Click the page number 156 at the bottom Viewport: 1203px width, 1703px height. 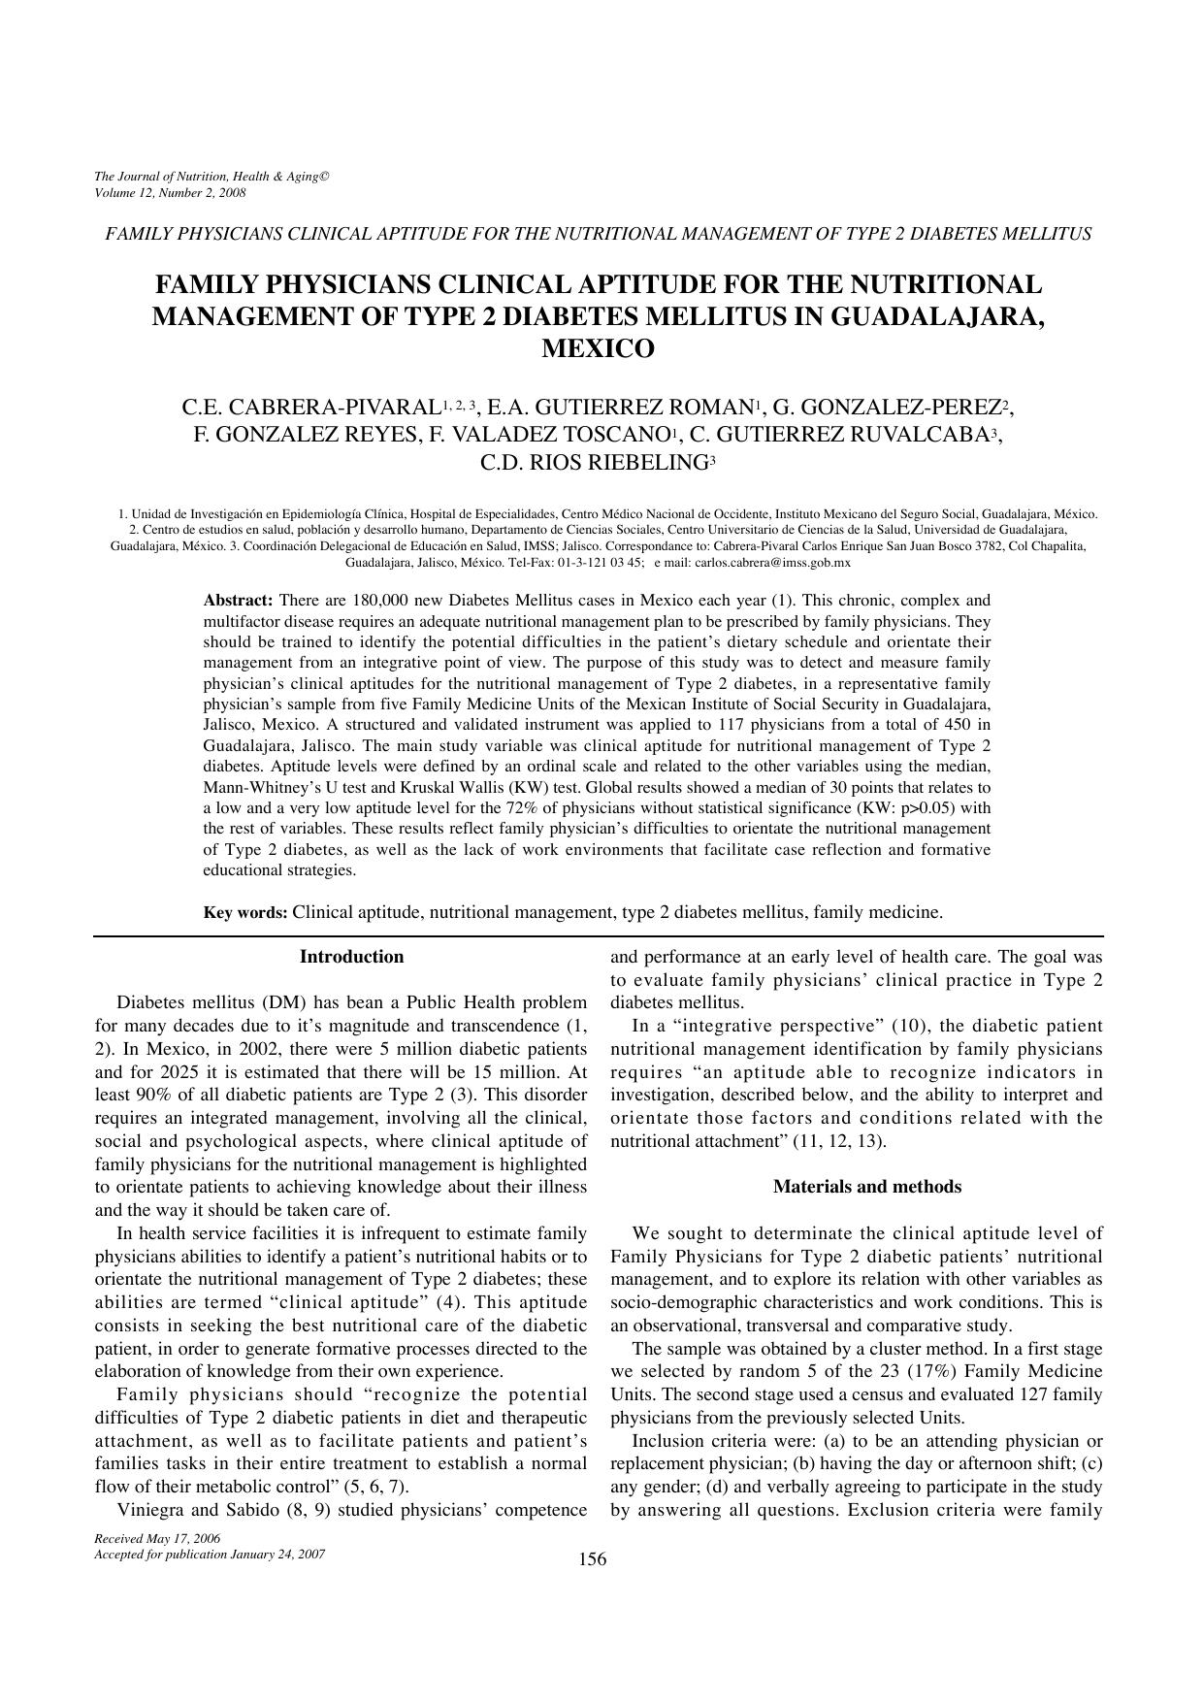pyautogui.click(x=592, y=1559)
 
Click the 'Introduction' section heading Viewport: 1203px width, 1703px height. pyautogui.click(x=351, y=957)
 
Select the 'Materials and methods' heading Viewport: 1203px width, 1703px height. pyautogui.click(x=867, y=1187)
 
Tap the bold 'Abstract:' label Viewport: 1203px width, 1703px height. pyautogui.click(x=238, y=601)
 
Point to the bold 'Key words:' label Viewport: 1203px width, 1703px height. pyautogui.click(x=244, y=912)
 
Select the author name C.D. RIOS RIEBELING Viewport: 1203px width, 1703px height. pyautogui.click(x=594, y=463)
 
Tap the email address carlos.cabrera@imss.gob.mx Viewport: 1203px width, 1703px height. pyautogui.click(x=773, y=563)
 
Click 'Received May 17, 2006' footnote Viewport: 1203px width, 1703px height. pyautogui.click(x=157, y=1539)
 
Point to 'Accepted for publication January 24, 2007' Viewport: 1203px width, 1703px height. pyautogui.click(x=210, y=1554)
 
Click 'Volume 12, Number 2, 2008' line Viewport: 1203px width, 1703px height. pyautogui.click(x=170, y=192)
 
